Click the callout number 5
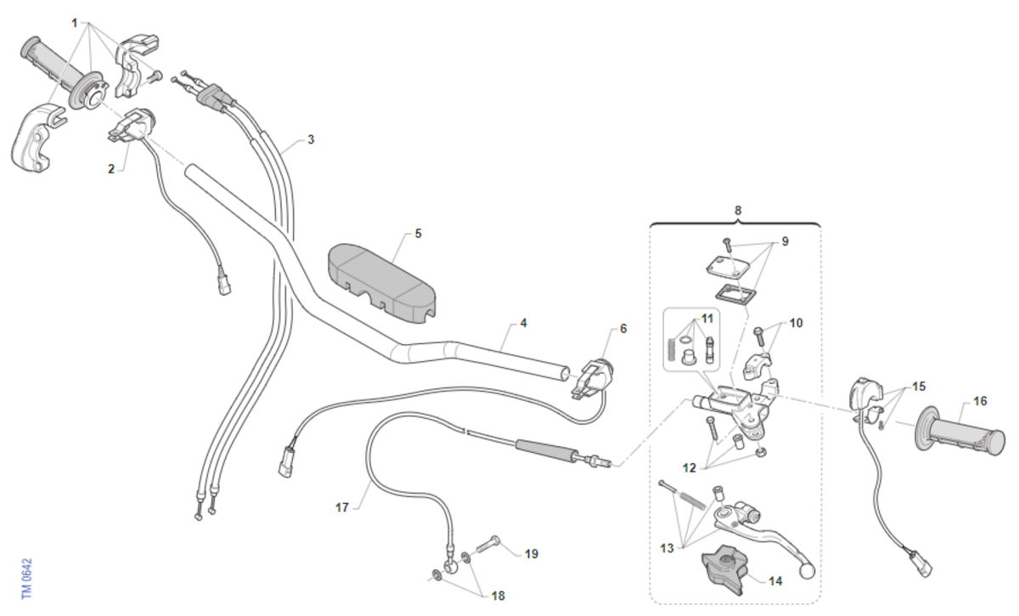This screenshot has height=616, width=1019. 418,233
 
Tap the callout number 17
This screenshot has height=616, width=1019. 342,508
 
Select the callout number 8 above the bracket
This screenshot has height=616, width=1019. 737,209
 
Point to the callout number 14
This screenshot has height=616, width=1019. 775,582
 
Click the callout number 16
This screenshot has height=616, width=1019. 980,401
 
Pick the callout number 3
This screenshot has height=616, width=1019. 311,139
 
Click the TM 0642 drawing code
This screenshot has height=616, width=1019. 26,579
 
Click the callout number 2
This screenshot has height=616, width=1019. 111,169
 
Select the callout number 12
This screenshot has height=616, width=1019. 690,468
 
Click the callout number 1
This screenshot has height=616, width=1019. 75,21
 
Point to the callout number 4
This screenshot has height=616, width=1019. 523,323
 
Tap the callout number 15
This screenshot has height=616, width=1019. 920,387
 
